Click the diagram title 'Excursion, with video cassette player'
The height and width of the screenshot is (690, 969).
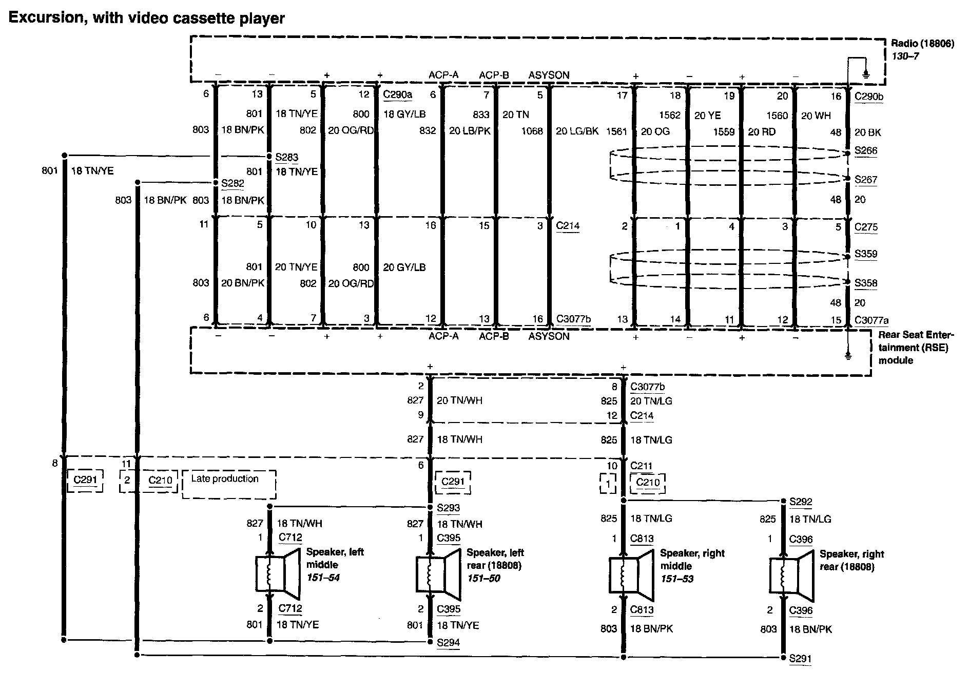pos(146,18)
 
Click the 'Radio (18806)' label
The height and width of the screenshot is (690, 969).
pos(922,44)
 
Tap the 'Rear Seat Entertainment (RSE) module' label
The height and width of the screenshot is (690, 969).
pos(916,348)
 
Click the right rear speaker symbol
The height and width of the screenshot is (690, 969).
pos(791,576)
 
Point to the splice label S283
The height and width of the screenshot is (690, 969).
pos(286,157)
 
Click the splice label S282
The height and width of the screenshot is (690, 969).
pos(232,183)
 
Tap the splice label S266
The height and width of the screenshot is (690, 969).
pos(866,151)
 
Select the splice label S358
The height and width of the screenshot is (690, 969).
pos(866,283)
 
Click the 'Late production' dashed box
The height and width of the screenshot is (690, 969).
pos(229,484)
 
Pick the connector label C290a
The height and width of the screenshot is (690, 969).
pos(398,94)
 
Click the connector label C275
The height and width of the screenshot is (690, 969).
pos(866,227)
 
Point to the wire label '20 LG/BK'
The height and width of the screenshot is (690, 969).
pos(577,131)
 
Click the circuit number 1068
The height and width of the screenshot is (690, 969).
pos(532,131)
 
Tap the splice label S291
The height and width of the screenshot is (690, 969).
pos(801,659)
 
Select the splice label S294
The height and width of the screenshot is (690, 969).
pos(448,642)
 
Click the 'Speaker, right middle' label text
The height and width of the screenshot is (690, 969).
pos(692,559)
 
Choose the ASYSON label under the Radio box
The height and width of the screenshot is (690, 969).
pos(549,75)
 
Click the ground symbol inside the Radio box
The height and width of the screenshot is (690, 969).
pos(866,74)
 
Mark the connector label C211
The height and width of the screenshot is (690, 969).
pos(641,466)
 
